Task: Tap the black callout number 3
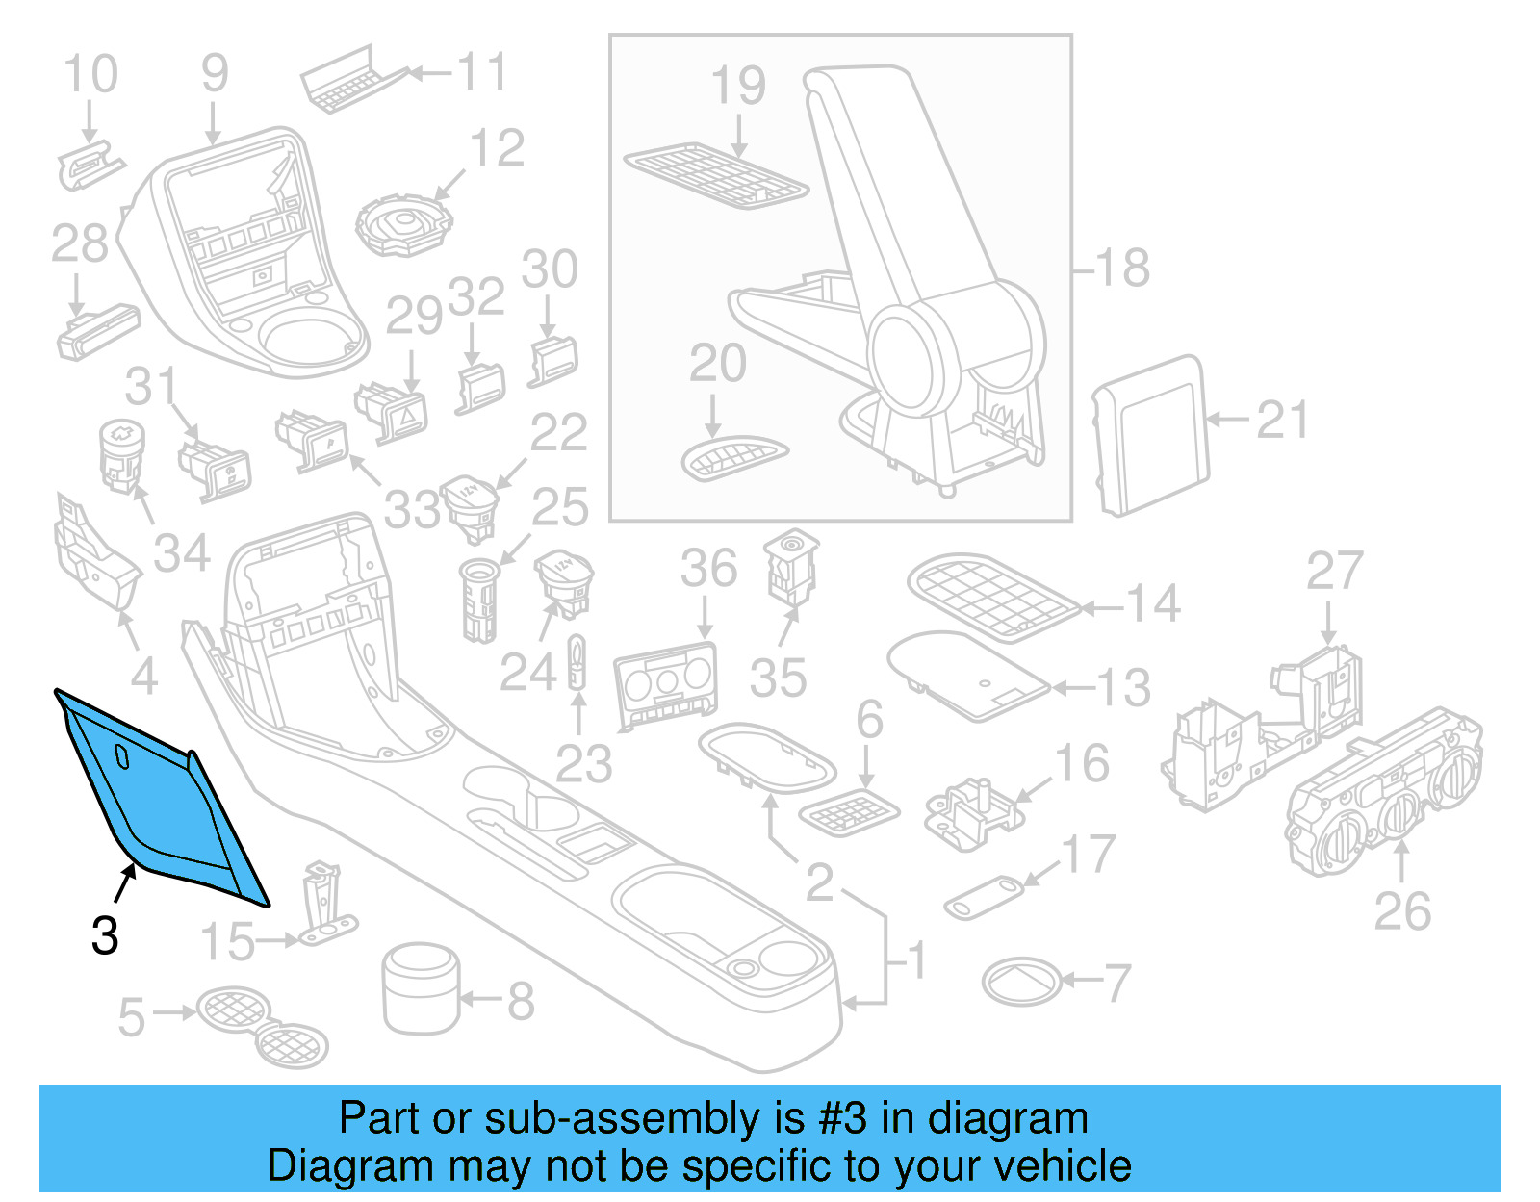pyautogui.click(x=105, y=935)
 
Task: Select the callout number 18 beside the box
pyautogui.click(x=1122, y=268)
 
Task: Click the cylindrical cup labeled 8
pyautogui.click(x=421, y=988)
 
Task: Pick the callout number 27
pyautogui.click(x=1334, y=572)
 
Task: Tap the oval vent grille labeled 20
pyautogui.click(x=733, y=458)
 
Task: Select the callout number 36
pyautogui.click(x=708, y=568)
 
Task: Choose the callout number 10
pyautogui.click(x=90, y=74)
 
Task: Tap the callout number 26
pyautogui.click(x=1402, y=911)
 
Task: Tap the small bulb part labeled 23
pyautogui.click(x=577, y=661)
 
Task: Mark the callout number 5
pyautogui.click(x=131, y=1017)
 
